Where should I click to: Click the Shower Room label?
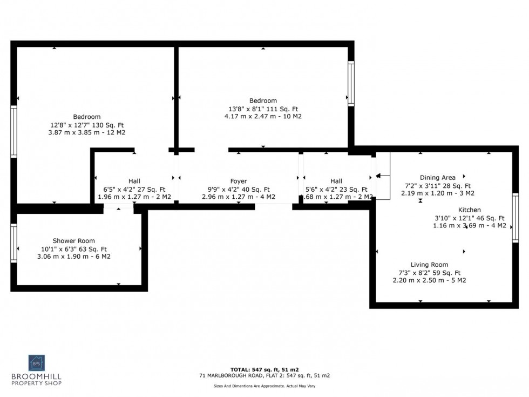click(x=73, y=241)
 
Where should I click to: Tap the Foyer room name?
click(x=239, y=181)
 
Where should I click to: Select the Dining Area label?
click(x=437, y=178)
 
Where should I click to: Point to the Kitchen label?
click(x=469, y=210)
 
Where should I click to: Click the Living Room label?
click(x=429, y=265)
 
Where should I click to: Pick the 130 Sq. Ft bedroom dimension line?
click(x=87, y=125)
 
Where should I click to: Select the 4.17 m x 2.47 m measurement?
click(x=263, y=116)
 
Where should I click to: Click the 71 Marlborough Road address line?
click(x=264, y=375)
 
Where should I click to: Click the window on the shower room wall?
click(x=13, y=243)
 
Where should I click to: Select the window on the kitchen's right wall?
click(x=515, y=218)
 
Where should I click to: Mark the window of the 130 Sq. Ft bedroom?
click(x=13, y=131)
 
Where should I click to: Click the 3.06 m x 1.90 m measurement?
click(x=73, y=257)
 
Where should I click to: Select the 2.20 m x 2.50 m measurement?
click(x=429, y=280)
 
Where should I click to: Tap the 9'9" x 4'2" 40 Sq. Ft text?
click(x=239, y=190)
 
